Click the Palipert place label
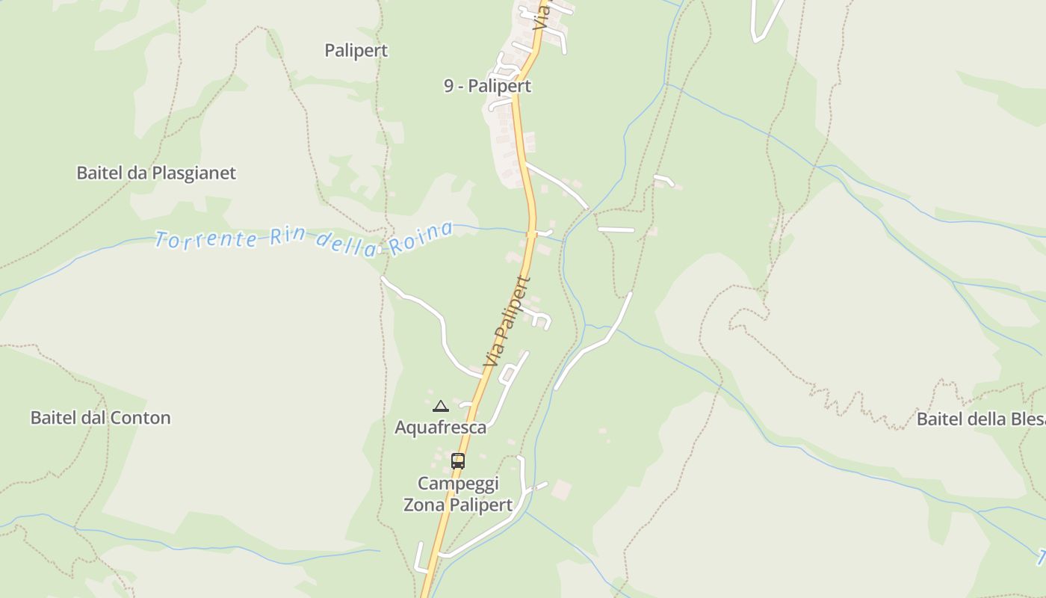point(356,51)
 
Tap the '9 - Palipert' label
point(487,86)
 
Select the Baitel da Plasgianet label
point(156,173)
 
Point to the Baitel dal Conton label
point(100,418)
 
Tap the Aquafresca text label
point(440,428)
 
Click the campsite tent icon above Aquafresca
point(441,407)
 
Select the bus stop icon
point(458,461)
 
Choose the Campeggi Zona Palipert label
point(458,494)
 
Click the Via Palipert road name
point(507,323)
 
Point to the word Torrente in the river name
point(207,240)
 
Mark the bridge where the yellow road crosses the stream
point(532,234)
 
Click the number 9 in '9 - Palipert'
point(448,86)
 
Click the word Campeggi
point(458,483)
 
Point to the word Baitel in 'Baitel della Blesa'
point(939,419)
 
